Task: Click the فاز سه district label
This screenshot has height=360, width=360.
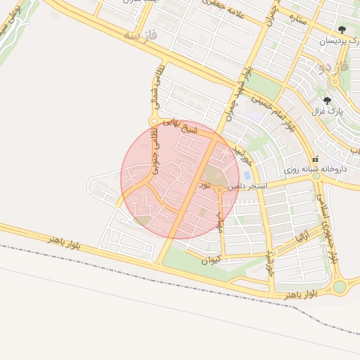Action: [141, 34]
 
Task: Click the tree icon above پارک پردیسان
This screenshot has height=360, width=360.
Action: [342, 30]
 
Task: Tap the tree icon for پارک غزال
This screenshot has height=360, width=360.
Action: [327, 100]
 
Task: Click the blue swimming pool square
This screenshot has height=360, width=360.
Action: [247, 174]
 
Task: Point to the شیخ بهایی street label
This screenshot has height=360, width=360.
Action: [182, 126]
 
